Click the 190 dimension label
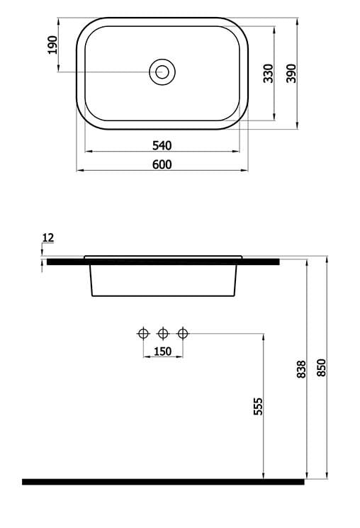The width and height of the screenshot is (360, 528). coord(53,45)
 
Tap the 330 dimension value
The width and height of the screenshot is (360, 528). coord(269,73)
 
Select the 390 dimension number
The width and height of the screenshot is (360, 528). coord(291,73)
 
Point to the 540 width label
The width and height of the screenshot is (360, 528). coord(162,145)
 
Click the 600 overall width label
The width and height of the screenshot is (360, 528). coord(162,164)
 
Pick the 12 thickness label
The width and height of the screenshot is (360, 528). coord(47,237)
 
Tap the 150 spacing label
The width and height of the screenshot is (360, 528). coord(163,352)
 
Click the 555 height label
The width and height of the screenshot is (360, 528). coord(258,406)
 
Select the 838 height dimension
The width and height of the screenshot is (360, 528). coord(301,369)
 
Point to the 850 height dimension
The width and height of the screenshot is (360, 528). coord(322,368)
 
